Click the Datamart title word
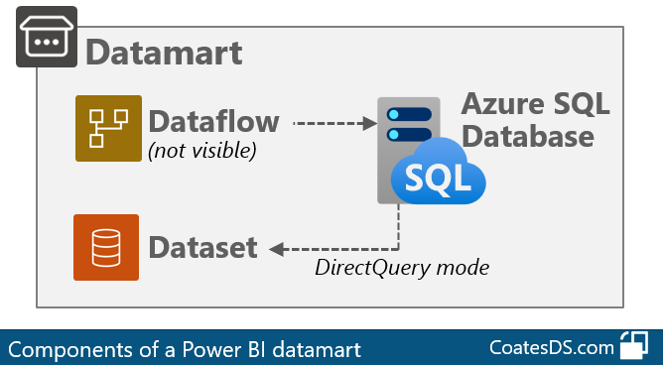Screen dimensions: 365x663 tap(164, 52)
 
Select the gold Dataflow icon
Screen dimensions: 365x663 tap(108, 128)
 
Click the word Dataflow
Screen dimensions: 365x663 tap(213, 122)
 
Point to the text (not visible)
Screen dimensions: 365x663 tap(202, 151)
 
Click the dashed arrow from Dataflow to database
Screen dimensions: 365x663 tap(333, 124)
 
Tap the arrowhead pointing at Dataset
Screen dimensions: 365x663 tap(277, 247)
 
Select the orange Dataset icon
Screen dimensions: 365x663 tap(105, 247)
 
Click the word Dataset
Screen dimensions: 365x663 tap(202, 247)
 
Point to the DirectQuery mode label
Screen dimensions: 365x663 tap(402, 267)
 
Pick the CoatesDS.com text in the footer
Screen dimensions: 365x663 tap(550, 348)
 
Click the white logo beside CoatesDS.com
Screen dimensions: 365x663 tap(633, 347)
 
